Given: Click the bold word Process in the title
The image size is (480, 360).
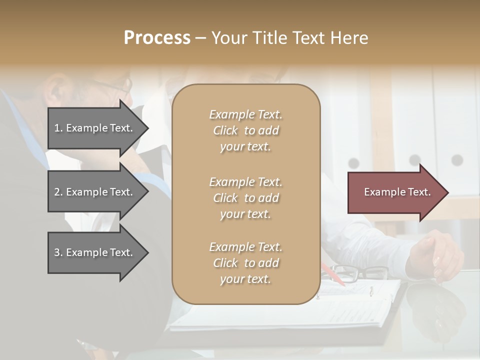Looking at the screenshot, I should point(157,38).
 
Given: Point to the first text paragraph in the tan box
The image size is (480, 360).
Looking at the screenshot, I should point(245,130).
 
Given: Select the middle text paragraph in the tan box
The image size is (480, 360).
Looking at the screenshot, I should point(245,198).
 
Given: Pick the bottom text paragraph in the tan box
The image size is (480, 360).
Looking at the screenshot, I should point(245,263).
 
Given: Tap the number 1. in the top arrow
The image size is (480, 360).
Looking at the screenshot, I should point(58,128).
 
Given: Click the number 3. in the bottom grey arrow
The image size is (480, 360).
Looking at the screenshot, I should point(58,252).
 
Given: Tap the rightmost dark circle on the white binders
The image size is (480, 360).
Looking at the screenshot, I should point(457,160).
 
